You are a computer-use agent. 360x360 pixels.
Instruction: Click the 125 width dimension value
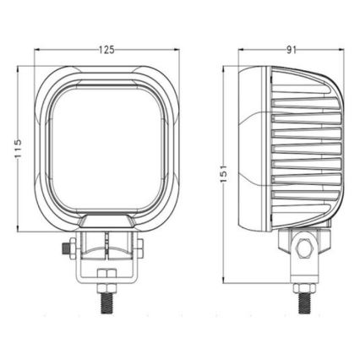106,50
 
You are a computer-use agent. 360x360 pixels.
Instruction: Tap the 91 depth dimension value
292,50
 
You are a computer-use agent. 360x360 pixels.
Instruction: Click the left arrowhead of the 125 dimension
37,50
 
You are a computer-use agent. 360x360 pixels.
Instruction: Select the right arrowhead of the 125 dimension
178,50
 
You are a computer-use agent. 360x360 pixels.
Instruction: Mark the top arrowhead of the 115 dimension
19,64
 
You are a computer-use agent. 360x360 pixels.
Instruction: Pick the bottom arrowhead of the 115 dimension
19,232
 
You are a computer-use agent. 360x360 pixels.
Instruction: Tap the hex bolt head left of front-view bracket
67,249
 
